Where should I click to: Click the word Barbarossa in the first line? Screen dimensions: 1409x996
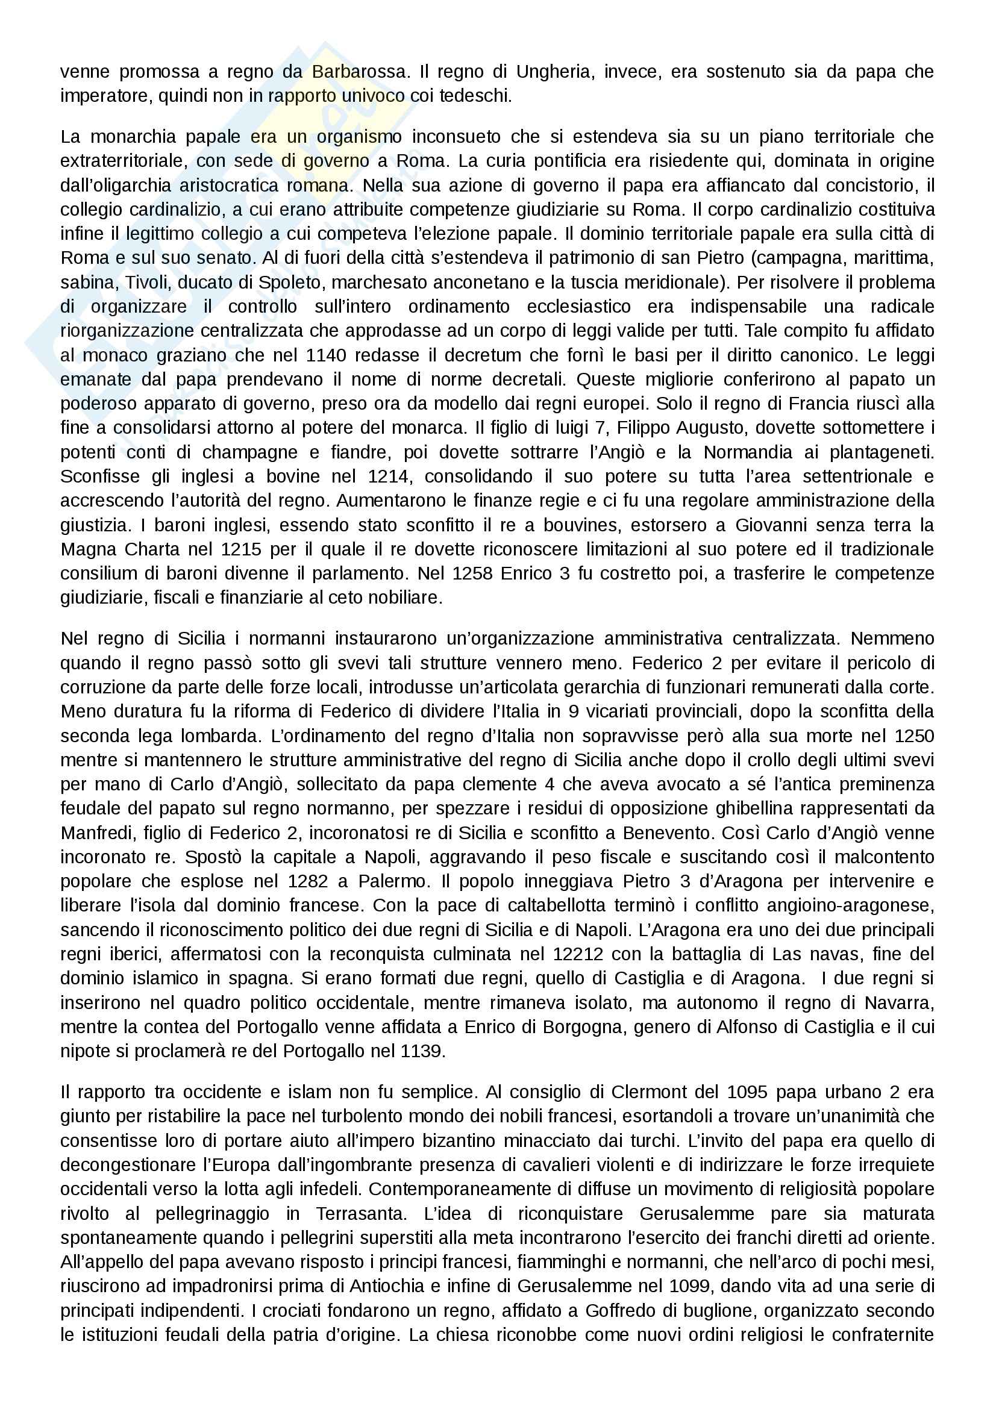(x=359, y=72)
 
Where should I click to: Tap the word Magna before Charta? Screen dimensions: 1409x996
(x=89, y=549)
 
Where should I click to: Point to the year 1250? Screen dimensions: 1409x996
(x=914, y=736)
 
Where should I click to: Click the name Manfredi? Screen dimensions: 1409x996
(x=97, y=833)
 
